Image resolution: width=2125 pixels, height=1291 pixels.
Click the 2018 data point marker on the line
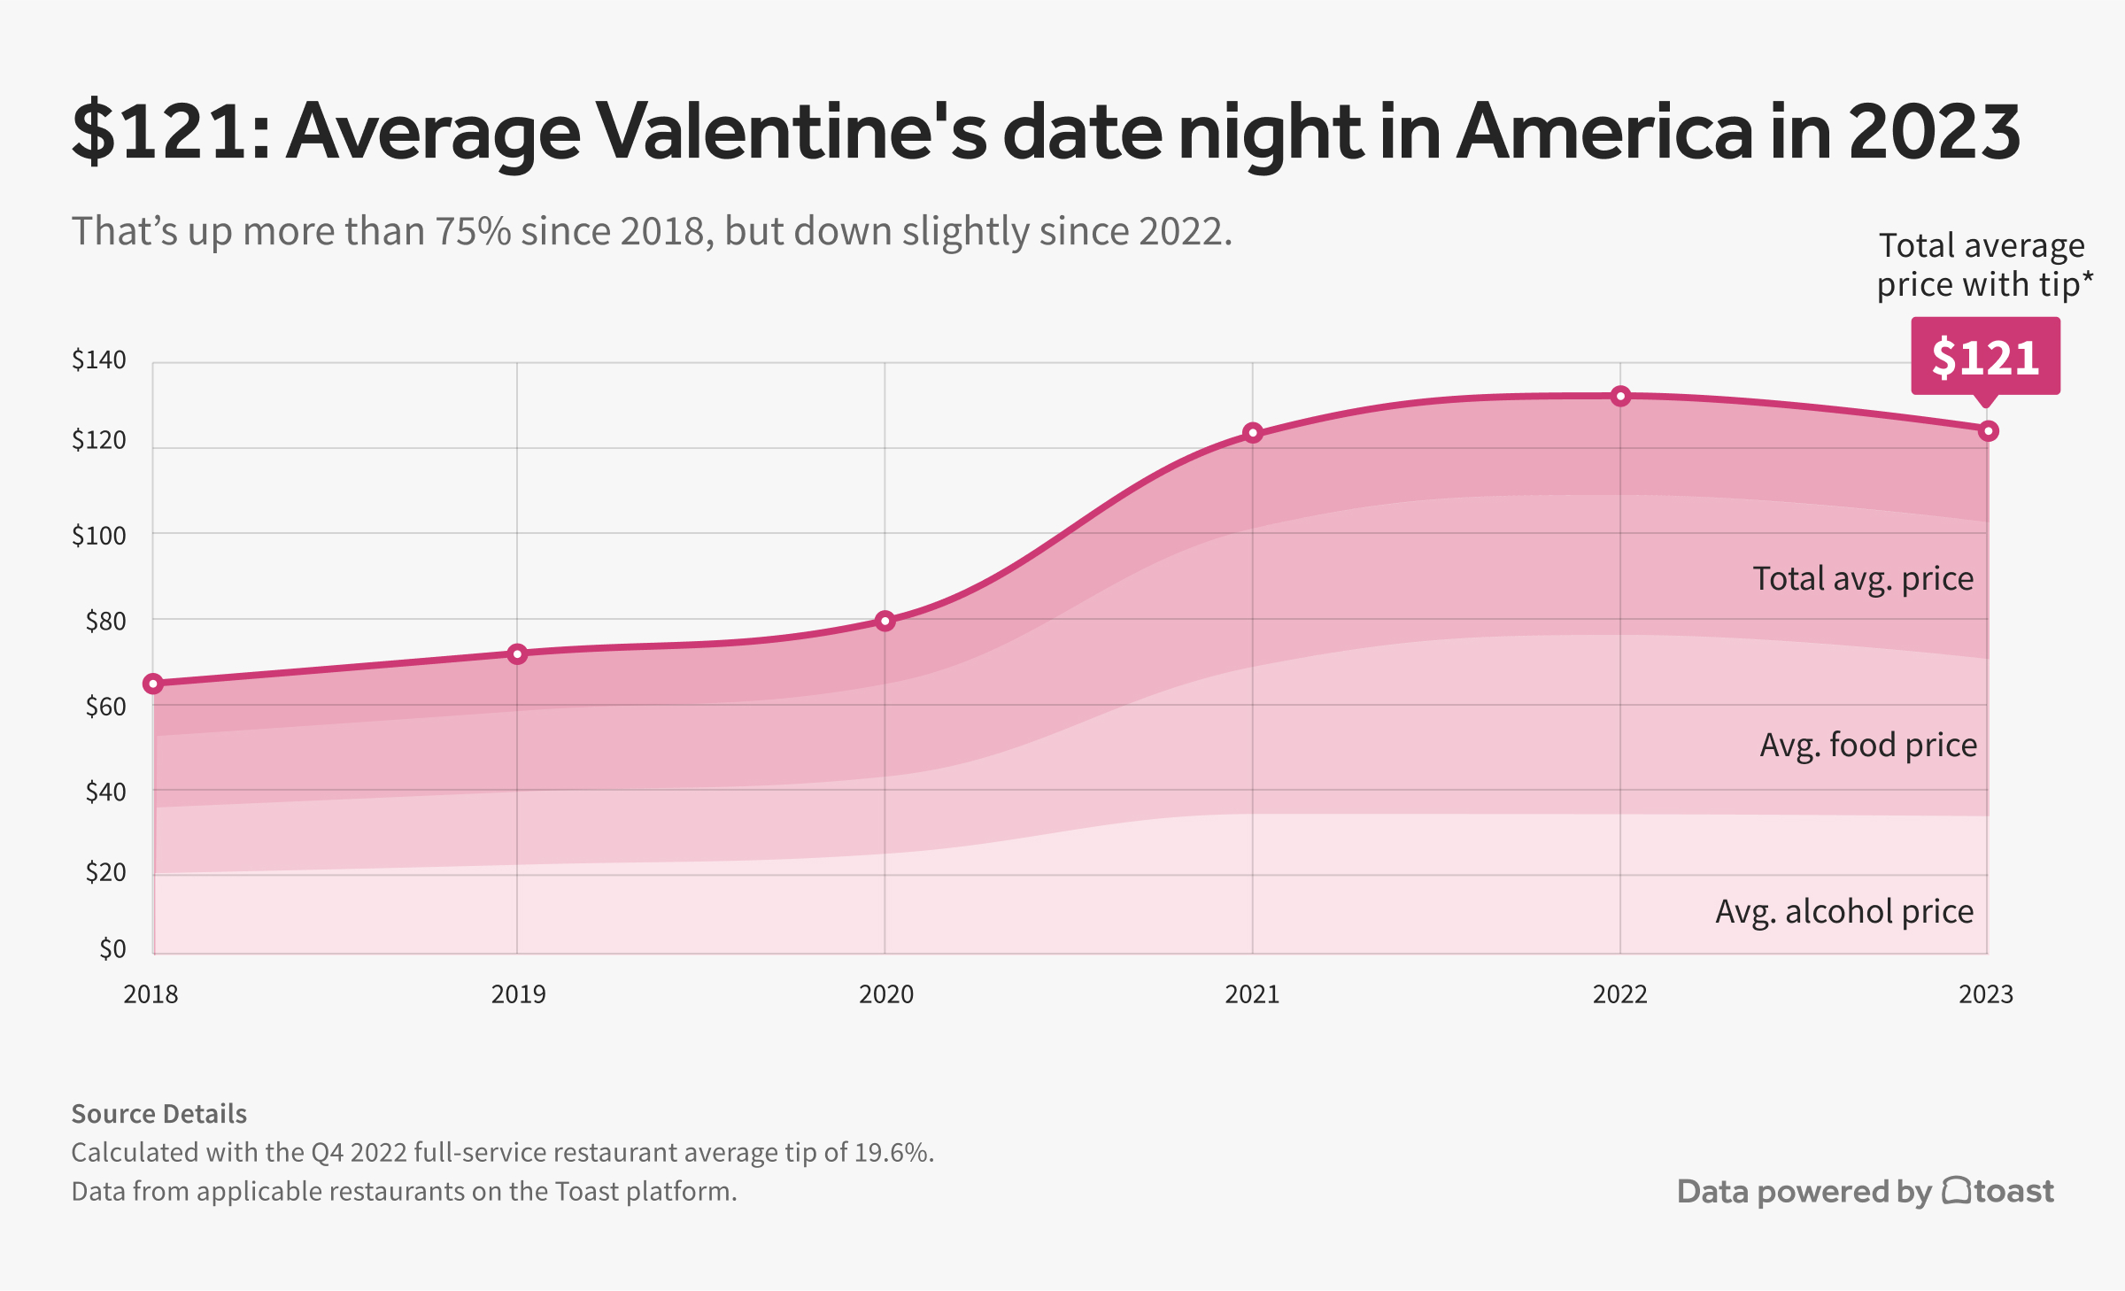153,684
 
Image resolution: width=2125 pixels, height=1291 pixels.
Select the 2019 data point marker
517,654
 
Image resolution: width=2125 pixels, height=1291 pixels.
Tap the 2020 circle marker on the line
885,621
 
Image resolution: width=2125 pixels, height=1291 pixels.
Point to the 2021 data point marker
1252,433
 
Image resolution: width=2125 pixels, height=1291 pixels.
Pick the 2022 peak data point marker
1620,396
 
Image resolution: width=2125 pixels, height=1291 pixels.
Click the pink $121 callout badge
1985,357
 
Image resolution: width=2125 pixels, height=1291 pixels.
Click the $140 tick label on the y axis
98,360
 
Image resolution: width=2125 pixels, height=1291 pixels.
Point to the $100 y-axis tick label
98,536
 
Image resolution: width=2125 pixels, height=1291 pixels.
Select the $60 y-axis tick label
105,707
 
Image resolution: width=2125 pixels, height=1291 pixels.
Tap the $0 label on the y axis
112,949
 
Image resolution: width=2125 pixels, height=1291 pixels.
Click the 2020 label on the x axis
885,994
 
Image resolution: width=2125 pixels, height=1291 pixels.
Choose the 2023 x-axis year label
1985,994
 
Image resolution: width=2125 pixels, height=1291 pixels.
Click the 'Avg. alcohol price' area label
1844,911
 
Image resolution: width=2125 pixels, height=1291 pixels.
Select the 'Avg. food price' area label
1868,745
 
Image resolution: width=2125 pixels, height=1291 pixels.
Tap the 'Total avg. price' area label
1863,578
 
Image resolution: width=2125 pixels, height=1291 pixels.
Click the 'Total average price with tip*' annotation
1983,265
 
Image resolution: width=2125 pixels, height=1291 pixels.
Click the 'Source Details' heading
158,1114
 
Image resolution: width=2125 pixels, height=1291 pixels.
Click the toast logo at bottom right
1997,1191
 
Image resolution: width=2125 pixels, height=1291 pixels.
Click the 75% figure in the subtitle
473,231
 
